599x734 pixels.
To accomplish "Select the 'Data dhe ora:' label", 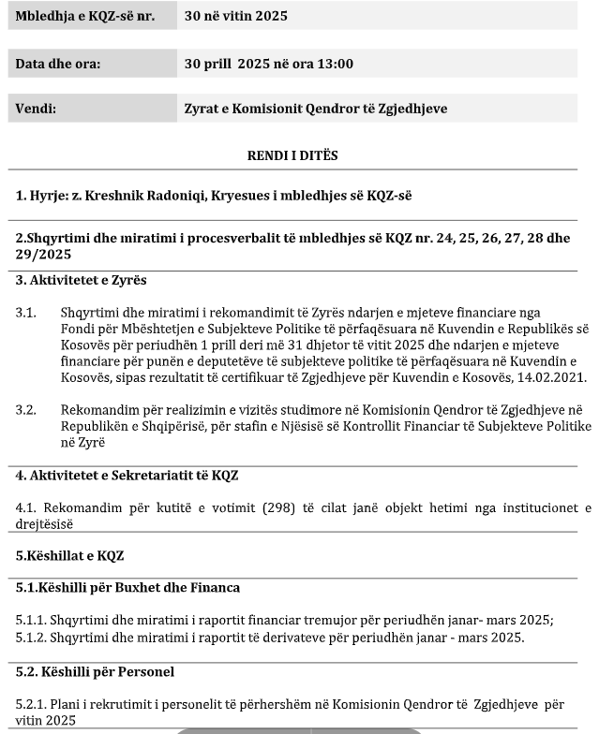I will (x=57, y=65).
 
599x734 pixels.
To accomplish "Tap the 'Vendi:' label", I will (x=36, y=109).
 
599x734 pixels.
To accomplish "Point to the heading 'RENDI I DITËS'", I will (x=292, y=155).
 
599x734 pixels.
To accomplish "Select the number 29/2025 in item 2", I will (x=43, y=255).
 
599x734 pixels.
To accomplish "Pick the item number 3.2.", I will (x=25, y=409).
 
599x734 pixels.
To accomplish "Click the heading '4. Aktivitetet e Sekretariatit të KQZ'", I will (x=127, y=476).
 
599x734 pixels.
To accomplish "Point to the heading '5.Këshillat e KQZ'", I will (x=63, y=555).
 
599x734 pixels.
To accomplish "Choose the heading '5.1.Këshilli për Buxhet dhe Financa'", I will (x=127, y=588).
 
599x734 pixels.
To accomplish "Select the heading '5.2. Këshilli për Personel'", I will (x=95, y=671).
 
